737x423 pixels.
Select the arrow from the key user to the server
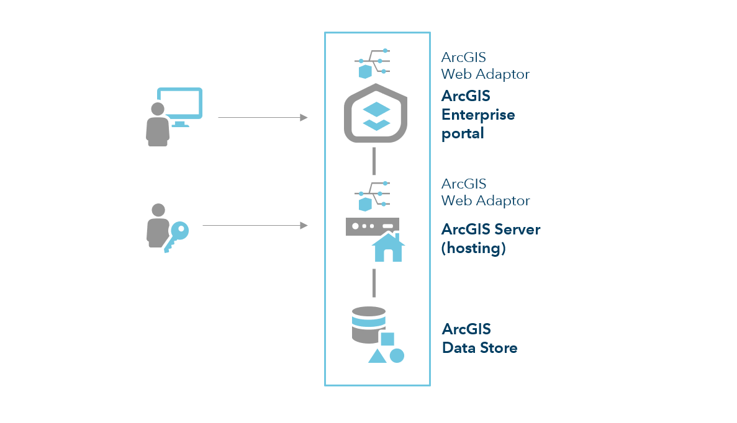pos(255,226)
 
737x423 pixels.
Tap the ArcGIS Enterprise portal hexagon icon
pos(376,115)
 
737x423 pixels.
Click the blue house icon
pos(388,247)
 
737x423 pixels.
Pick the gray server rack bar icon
pos(372,226)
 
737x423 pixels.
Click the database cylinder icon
pos(368,324)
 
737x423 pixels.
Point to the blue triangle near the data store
pos(377,356)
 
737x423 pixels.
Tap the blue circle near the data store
pos(397,355)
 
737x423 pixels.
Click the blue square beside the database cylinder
pos(387,339)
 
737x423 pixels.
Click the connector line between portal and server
pos(374,161)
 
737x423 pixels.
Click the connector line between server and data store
pos(374,282)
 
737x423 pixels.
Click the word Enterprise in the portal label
pos(478,115)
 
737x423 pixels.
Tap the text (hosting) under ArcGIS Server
pos(473,248)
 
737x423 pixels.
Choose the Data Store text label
pos(479,347)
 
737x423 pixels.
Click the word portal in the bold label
pos(463,133)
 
